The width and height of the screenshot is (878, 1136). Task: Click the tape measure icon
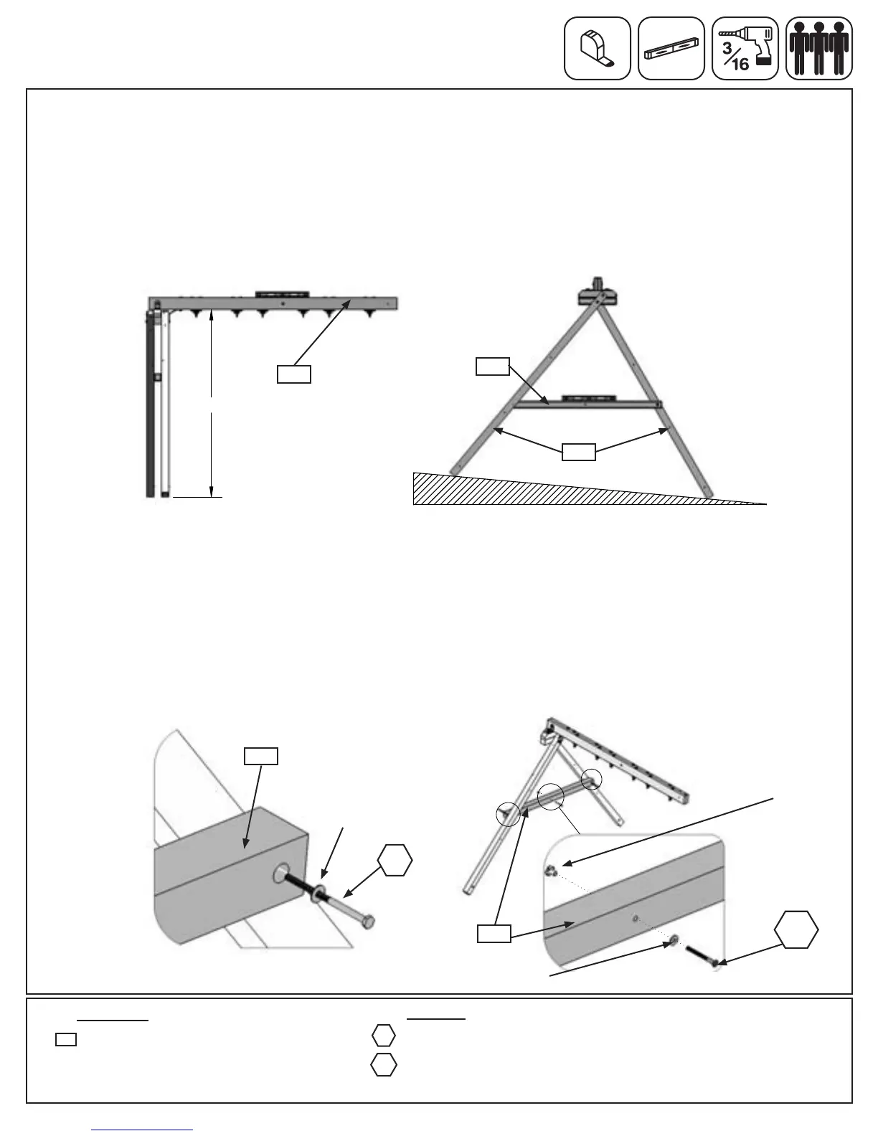click(x=597, y=48)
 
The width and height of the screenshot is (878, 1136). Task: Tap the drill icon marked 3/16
click(x=745, y=48)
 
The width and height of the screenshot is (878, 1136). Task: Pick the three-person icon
click(x=818, y=48)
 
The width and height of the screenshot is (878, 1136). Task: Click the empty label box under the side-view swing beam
click(x=294, y=374)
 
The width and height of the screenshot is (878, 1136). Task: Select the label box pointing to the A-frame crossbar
click(x=492, y=366)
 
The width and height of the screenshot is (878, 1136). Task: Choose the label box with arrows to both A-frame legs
click(x=578, y=451)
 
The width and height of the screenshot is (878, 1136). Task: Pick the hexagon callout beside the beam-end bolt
click(x=395, y=861)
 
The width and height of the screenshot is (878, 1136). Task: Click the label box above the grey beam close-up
click(x=261, y=756)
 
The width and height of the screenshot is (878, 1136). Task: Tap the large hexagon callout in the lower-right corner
click(x=796, y=930)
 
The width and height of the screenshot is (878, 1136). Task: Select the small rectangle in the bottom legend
click(x=66, y=1038)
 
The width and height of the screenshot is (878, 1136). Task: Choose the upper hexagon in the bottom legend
click(x=384, y=1036)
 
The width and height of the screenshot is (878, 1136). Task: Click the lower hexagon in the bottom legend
click(x=384, y=1065)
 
